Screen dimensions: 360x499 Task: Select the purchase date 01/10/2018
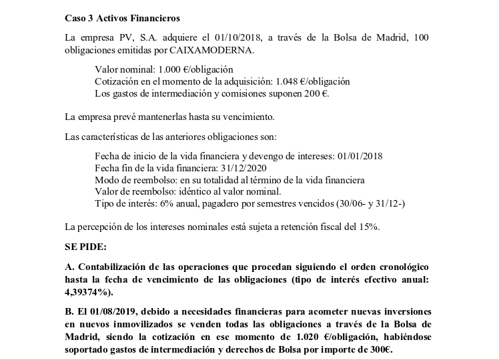tap(230, 37)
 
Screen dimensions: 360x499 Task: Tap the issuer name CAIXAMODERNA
tap(221, 49)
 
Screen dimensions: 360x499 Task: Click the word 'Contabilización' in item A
tap(109, 267)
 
